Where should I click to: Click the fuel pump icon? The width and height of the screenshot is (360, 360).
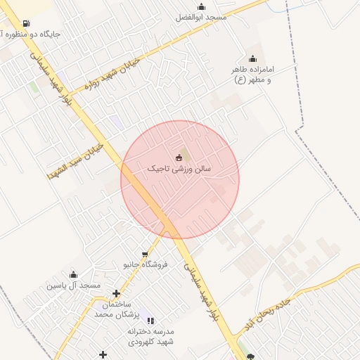click(26, 23)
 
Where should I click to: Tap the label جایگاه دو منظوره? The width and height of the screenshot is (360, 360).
click(32, 34)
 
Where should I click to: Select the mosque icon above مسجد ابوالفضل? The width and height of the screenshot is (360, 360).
click(201, 7)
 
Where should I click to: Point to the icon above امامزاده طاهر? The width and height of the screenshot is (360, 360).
click(252, 58)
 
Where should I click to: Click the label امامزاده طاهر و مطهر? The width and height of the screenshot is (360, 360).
click(252, 75)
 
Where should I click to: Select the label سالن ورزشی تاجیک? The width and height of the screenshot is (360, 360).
click(179, 169)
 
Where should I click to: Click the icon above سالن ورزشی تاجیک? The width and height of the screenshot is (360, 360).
click(179, 157)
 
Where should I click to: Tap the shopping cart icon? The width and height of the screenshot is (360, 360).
click(145, 255)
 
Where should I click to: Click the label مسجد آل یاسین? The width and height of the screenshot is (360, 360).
click(74, 285)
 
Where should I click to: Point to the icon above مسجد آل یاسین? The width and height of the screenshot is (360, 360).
click(73, 275)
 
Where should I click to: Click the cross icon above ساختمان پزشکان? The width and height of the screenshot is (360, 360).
click(116, 293)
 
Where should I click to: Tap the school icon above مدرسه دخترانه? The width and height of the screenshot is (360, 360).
click(150, 321)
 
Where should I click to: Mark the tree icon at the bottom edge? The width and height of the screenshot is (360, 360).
click(250, 356)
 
